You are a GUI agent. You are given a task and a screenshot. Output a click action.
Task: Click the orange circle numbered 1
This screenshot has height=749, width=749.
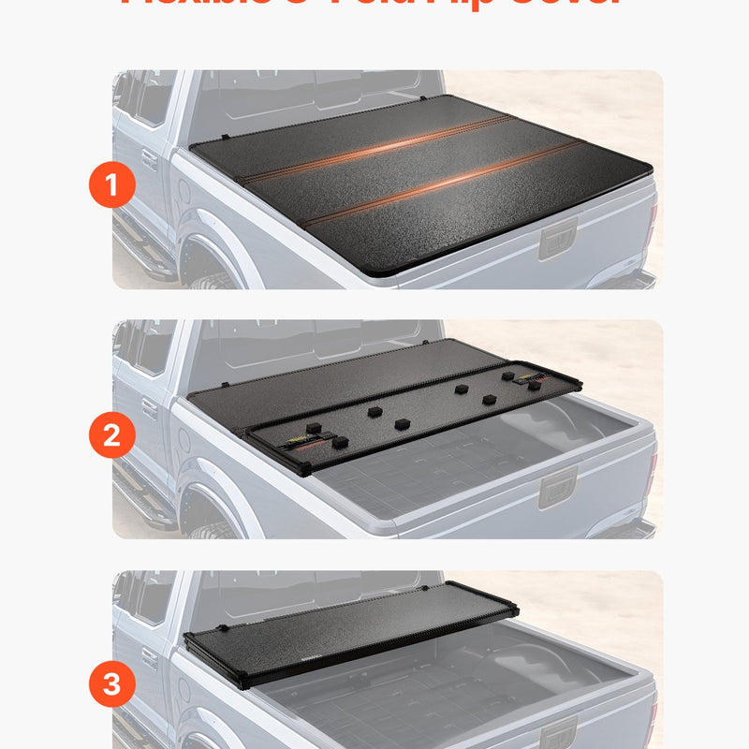point(112,186)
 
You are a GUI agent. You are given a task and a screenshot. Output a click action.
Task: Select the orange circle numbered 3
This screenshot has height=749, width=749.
point(112,686)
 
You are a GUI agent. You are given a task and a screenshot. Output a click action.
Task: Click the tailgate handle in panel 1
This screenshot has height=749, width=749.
point(557,240)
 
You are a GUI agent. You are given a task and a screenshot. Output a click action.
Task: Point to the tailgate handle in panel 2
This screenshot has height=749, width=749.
point(557,489)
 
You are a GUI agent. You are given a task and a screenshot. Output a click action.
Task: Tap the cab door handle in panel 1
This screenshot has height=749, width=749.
point(149,159)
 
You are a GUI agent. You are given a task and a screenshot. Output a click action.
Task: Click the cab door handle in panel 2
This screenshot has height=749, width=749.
point(149,409)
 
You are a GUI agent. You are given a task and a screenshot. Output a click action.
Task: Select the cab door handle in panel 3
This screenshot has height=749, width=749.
point(149,658)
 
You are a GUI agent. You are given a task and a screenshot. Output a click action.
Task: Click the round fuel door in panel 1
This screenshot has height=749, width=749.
point(184,191)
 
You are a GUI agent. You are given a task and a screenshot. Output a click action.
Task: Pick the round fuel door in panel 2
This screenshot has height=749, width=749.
point(184,441)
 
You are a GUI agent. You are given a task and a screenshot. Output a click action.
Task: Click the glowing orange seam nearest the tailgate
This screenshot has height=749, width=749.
point(440,185)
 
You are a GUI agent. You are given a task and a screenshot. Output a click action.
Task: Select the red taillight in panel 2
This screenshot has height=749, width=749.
point(652,468)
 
